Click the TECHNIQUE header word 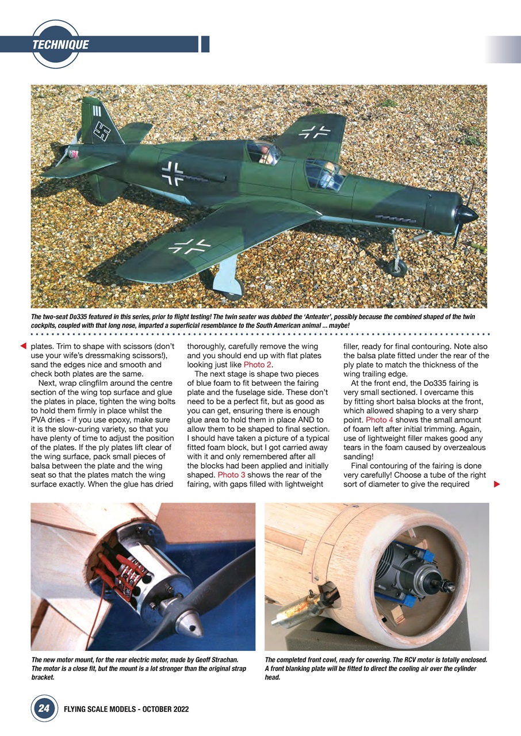[x=60, y=44]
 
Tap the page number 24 [x=44, y=709]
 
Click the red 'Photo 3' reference [x=231, y=475]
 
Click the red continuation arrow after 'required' [x=497, y=485]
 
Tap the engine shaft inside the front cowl [x=446, y=587]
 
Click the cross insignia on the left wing [x=190, y=247]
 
